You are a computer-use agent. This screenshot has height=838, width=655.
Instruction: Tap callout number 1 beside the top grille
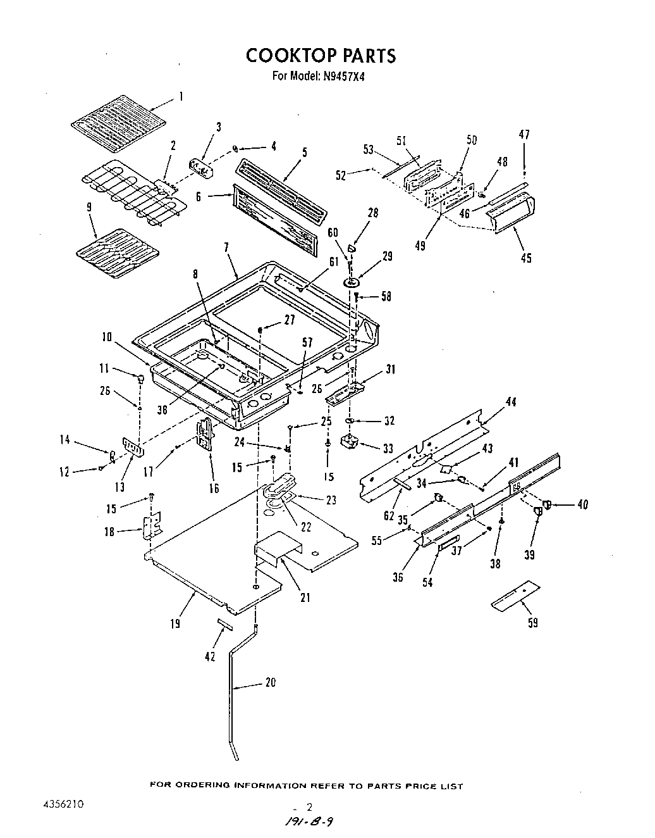[x=181, y=96]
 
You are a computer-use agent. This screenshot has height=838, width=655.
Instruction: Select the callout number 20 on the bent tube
[x=271, y=683]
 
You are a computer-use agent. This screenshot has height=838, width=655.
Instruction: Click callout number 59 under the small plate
[x=532, y=623]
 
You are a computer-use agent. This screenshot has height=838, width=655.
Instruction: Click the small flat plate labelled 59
[x=516, y=596]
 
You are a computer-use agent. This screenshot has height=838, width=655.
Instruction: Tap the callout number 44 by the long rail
[x=510, y=401]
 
